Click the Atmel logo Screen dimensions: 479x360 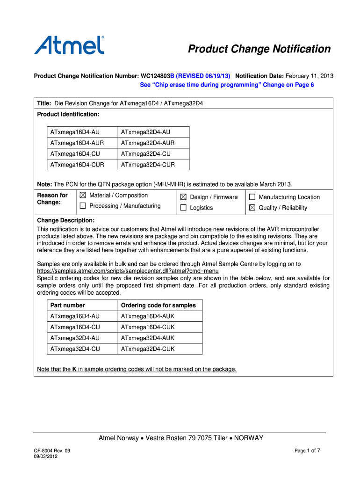(69, 45)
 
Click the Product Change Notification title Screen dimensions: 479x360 (259, 49)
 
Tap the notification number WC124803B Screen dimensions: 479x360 (157, 76)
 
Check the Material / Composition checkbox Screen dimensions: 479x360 (83, 196)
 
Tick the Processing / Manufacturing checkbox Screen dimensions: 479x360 (83, 206)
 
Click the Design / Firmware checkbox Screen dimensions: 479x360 (183, 197)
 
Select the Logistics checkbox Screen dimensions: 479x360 (183, 208)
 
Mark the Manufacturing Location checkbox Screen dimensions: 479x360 (252, 197)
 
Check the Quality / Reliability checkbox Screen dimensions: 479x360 (252, 208)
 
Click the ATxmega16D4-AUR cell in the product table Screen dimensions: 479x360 (77, 143)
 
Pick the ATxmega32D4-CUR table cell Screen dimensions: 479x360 (148, 165)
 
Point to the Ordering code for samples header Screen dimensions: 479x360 (158, 305)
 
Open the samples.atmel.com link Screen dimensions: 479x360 (128, 271)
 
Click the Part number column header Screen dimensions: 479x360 (68, 305)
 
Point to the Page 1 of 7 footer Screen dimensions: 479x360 (307, 451)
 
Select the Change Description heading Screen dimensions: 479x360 (65, 220)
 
